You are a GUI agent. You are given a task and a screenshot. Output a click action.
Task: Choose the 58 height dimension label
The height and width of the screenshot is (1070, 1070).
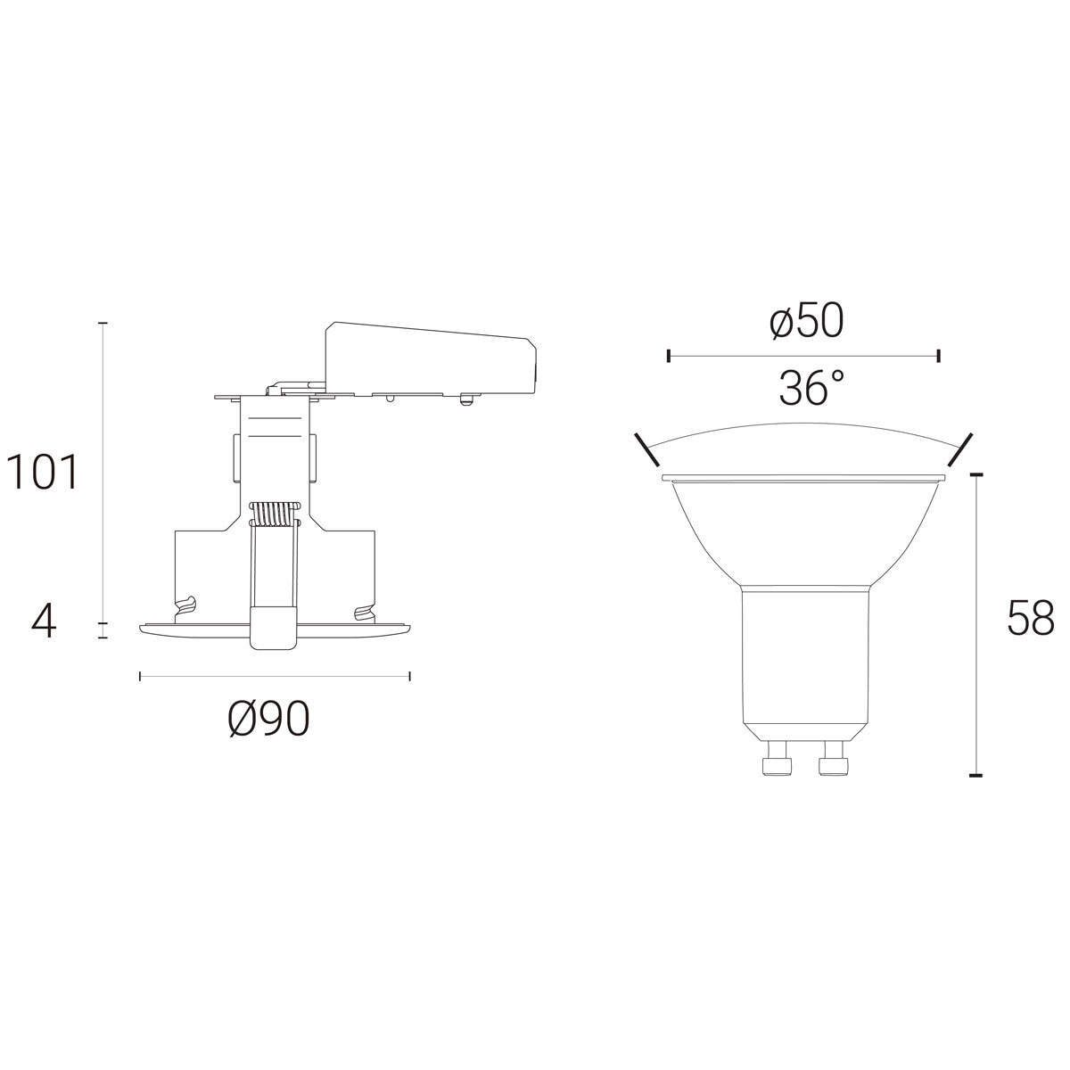pos(1031,617)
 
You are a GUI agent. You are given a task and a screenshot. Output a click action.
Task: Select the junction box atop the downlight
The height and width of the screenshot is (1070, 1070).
pos(431,360)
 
